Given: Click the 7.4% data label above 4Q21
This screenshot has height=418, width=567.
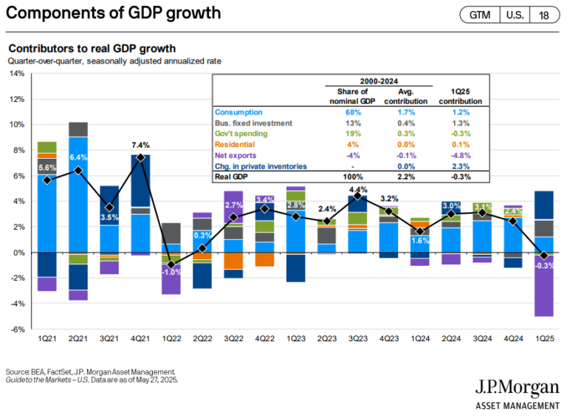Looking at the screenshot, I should tap(140, 145).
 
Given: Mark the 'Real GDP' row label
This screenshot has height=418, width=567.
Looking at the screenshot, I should tap(230, 177).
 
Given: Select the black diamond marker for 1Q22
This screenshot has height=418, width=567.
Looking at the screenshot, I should tap(171, 264).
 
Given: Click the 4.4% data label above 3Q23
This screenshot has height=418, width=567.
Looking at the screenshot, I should tap(358, 187).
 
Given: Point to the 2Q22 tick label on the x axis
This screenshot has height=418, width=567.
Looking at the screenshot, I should tap(203, 338).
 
